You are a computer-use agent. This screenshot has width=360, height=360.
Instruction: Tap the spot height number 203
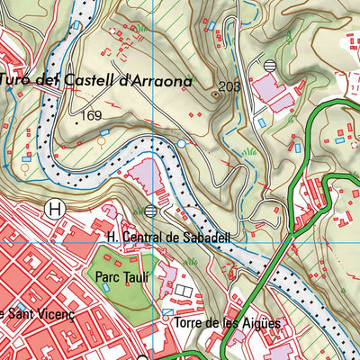229,86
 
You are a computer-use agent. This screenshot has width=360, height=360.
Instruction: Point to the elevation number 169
91,115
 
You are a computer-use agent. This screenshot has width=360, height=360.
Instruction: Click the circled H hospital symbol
56,209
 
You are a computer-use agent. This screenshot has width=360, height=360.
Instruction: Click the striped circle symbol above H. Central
149,211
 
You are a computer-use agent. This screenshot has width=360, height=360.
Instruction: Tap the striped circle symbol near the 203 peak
271,65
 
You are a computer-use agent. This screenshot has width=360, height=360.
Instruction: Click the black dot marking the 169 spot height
76,123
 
